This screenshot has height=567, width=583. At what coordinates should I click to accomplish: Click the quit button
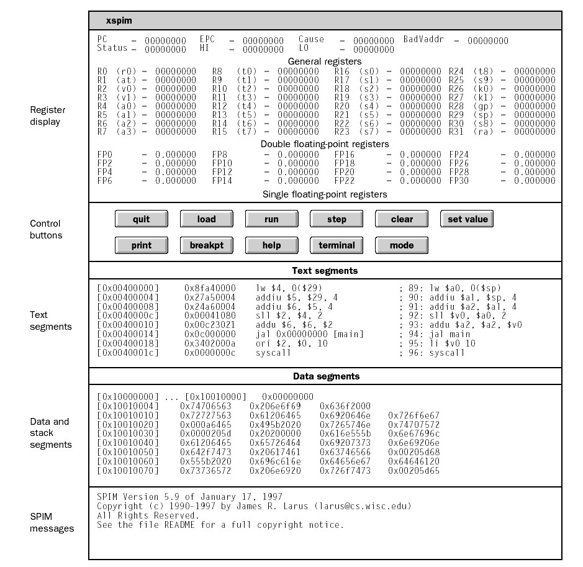(x=141, y=219)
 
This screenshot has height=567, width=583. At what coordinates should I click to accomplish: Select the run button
(x=271, y=219)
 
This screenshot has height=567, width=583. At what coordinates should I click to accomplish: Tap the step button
(x=337, y=219)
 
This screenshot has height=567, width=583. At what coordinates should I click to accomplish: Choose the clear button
(x=402, y=219)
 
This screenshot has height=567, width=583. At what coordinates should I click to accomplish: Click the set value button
(x=468, y=219)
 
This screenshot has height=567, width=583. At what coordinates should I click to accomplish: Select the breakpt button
(x=206, y=245)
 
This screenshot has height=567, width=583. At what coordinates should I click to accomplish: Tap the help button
(x=271, y=245)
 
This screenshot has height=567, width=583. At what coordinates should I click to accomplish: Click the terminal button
(x=337, y=245)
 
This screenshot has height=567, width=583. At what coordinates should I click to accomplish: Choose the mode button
(x=402, y=245)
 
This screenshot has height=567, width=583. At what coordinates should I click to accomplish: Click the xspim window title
(x=119, y=20)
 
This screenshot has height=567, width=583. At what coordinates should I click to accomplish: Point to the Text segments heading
(x=325, y=271)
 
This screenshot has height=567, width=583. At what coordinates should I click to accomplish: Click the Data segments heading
(x=326, y=376)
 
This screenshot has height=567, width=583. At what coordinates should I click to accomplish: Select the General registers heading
(x=325, y=61)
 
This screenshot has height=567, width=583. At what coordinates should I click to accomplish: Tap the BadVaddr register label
(x=425, y=40)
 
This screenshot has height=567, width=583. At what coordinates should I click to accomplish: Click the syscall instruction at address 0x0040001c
(x=273, y=353)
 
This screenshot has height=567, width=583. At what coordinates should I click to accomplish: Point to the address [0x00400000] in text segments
(x=128, y=288)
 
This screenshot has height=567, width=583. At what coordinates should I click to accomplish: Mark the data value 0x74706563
(x=205, y=406)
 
